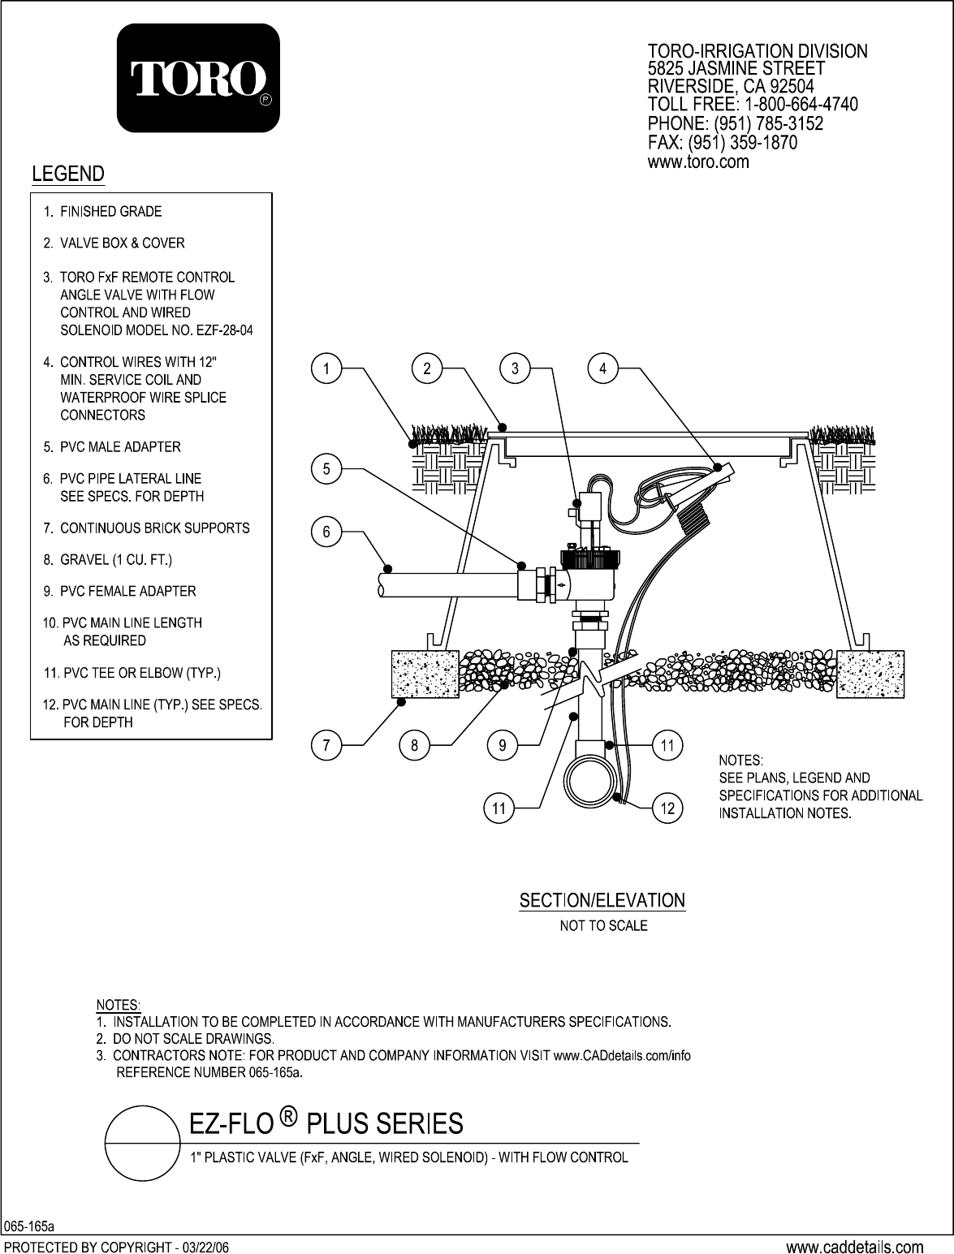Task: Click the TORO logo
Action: [x=199, y=79]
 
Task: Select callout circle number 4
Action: [x=602, y=369]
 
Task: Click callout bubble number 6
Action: [x=326, y=532]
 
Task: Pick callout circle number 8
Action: [x=414, y=746]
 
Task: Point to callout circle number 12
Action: [x=667, y=808]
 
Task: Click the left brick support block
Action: [x=425, y=674]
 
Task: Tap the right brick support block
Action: [x=870, y=674]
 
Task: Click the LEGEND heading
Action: [x=67, y=173]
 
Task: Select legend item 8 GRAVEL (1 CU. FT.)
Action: [x=107, y=559]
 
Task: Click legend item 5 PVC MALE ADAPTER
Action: [x=112, y=446]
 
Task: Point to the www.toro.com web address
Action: [x=697, y=162]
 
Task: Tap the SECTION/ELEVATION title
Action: [x=602, y=900]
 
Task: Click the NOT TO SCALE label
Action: [x=603, y=925]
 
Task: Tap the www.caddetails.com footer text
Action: [x=854, y=1246]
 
